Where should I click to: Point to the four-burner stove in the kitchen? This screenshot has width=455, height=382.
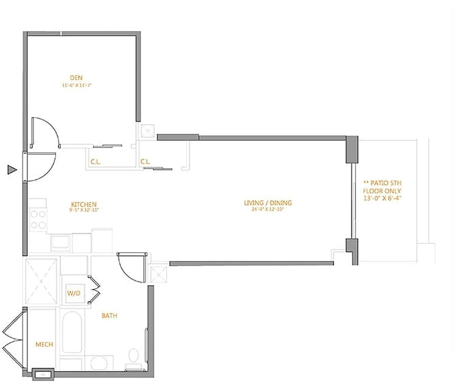(x=37, y=220)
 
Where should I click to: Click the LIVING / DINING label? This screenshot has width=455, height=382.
(x=268, y=203)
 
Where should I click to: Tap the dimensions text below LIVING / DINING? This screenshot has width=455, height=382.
(x=268, y=210)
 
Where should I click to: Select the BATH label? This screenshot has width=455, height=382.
(x=109, y=316)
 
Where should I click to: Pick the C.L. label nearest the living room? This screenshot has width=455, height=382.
(x=145, y=162)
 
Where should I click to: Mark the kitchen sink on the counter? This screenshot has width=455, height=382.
(x=61, y=242)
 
